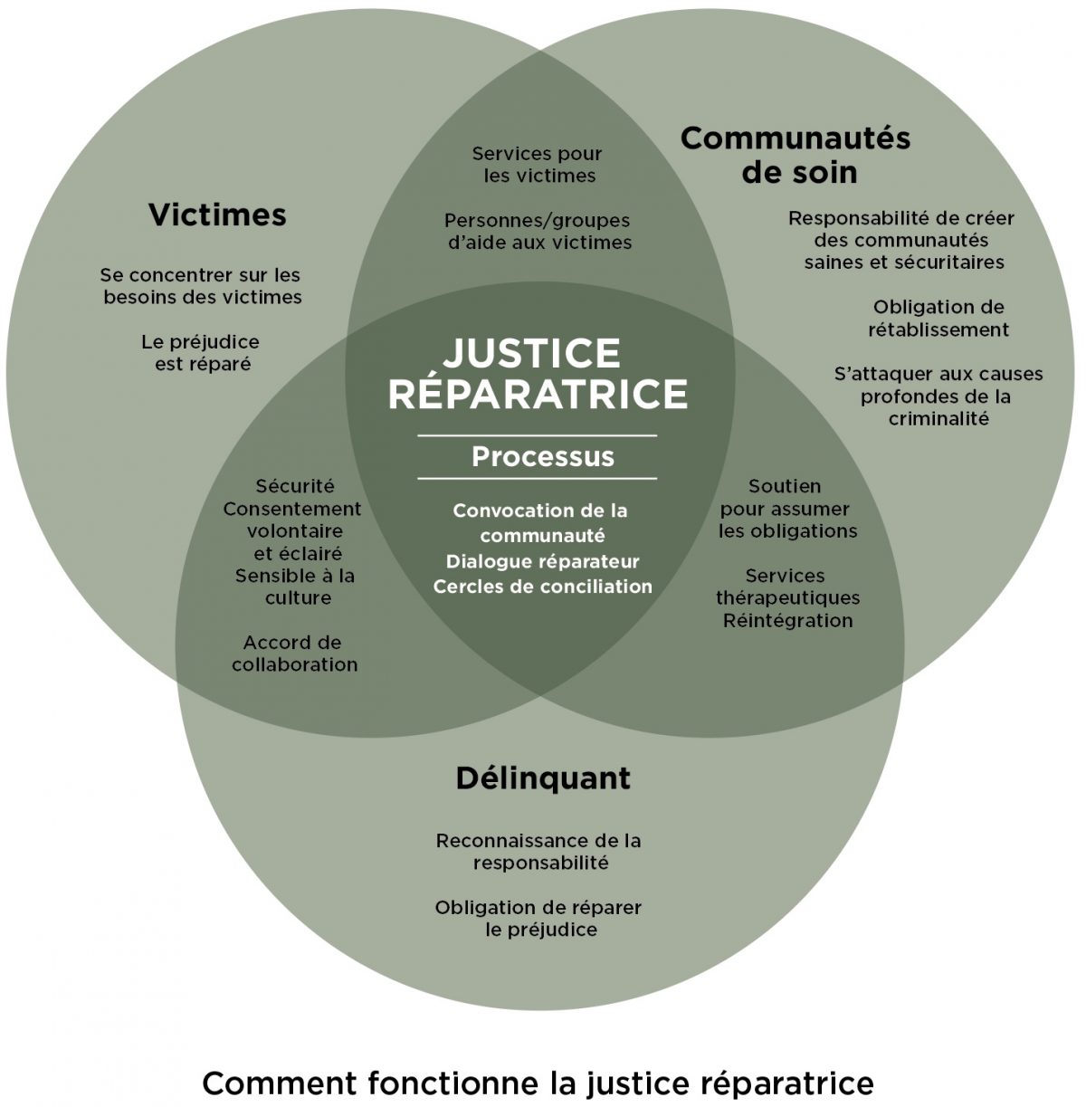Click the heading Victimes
click(x=217, y=215)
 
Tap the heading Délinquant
click(x=543, y=778)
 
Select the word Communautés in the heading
click(x=795, y=138)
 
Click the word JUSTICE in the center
click(x=531, y=353)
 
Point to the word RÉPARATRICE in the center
click(x=538, y=395)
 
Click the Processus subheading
click(x=542, y=457)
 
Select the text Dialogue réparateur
click(x=542, y=561)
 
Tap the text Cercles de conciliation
click(x=542, y=587)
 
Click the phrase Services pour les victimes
click(x=538, y=165)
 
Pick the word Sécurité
click(x=294, y=487)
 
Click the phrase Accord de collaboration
click(x=294, y=654)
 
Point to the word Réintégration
click(x=787, y=621)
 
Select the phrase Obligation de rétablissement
click(x=938, y=319)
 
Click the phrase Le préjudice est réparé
click(x=200, y=353)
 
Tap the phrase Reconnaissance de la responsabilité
click(x=538, y=851)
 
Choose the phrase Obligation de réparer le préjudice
click(x=538, y=918)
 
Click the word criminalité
click(x=938, y=419)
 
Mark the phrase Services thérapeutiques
click(x=787, y=587)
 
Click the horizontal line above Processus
click(x=537, y=436)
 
